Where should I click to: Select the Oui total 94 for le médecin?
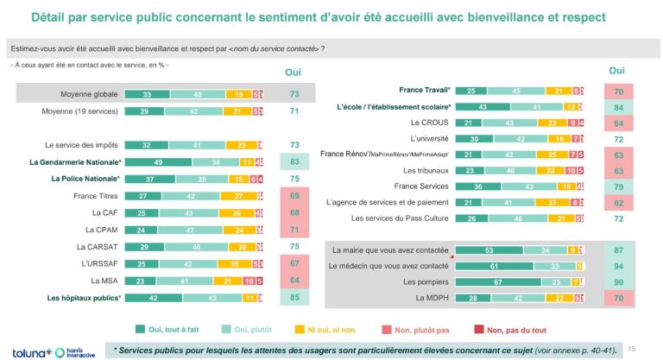click(617, 266)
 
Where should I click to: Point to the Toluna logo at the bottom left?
click(29, 350)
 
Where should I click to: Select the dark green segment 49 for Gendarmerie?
click(158, 162)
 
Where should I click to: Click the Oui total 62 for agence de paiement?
click(617, 202)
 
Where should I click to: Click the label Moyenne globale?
click(86, 93)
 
